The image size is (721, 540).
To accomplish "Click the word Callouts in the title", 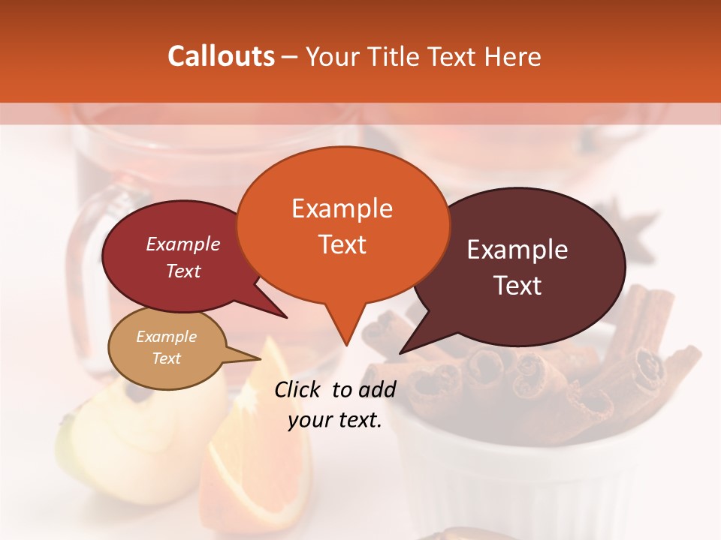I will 221,56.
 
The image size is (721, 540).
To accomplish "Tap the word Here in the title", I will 512,57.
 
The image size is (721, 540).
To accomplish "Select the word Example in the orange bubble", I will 342,208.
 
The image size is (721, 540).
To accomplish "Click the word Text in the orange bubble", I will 342,244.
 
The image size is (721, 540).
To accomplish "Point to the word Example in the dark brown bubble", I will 517,250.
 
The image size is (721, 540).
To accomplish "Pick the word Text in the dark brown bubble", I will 517,286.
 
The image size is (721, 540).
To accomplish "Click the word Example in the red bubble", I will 183,244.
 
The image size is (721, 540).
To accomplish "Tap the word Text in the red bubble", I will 183,271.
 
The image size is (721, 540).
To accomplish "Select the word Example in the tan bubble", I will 166,337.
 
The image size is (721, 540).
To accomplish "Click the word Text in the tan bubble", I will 166,358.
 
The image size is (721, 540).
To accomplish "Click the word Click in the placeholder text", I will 298,389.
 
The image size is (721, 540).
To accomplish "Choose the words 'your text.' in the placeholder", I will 335,421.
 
